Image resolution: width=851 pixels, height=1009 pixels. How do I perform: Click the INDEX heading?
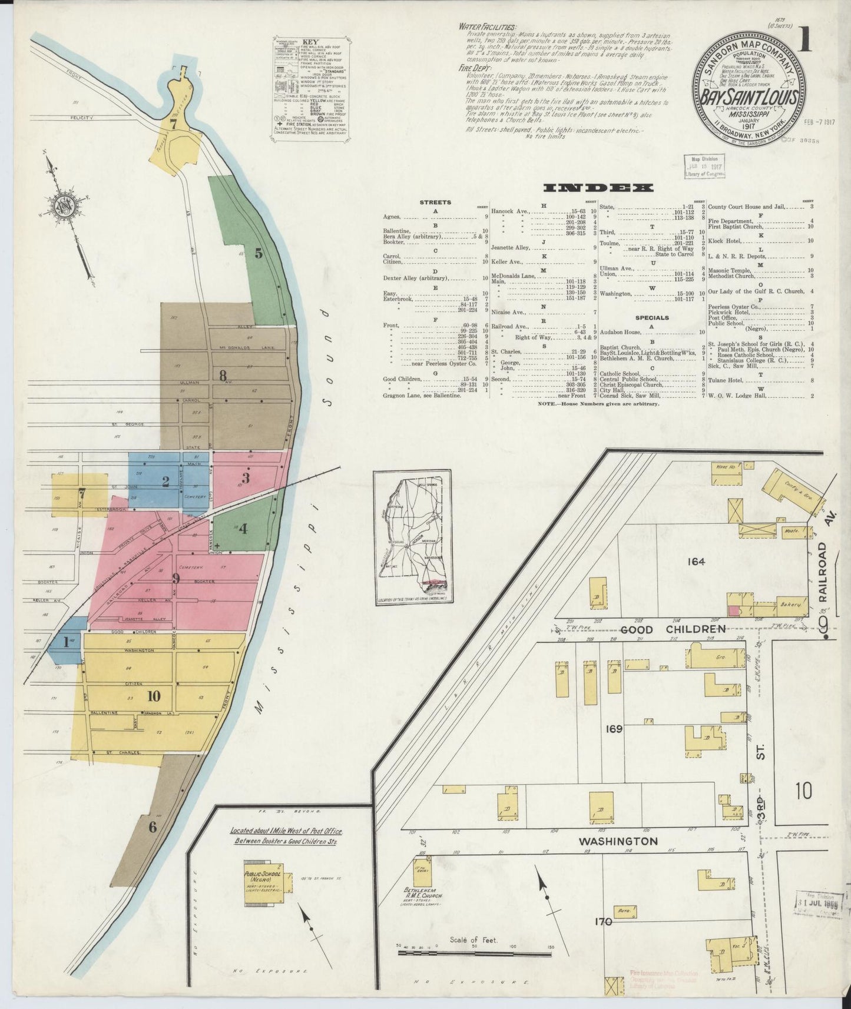(x=599, y=188)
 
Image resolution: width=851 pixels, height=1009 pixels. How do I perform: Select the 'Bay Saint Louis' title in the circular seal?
(x=747, y=98)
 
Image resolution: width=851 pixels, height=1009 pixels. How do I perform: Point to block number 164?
(x=696, y=562)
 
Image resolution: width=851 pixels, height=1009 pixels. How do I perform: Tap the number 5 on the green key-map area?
(x=258, y=254)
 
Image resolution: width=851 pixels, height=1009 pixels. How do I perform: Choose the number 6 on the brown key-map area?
(x=153, y=827)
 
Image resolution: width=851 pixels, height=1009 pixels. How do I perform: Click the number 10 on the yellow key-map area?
(x=154, y=696)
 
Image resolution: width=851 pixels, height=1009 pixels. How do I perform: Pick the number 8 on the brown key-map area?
(x=222, y=375)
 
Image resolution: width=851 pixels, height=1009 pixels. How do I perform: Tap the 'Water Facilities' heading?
(x=486, y=28)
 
